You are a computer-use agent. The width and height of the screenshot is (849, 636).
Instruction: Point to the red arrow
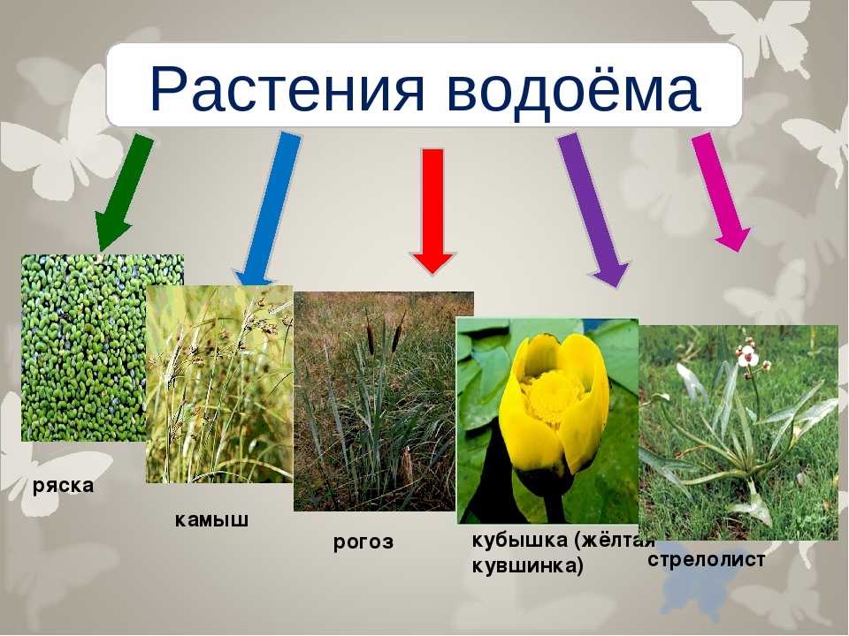432,211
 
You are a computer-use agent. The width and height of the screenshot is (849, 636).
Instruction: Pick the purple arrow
593,210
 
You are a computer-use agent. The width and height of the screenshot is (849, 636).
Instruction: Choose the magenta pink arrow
721,192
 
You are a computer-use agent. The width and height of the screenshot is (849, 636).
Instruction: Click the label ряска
64,486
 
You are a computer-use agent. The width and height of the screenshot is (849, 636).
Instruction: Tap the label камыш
211,519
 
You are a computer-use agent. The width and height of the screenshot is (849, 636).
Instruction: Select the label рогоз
363,542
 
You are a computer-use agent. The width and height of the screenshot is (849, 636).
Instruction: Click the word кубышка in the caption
520,540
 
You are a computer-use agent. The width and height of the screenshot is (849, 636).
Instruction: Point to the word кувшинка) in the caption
528,566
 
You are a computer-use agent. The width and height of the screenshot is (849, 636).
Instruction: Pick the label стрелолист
706,560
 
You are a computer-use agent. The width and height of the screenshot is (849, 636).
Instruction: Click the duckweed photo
84,348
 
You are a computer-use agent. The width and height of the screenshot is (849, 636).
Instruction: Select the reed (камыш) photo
219,384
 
